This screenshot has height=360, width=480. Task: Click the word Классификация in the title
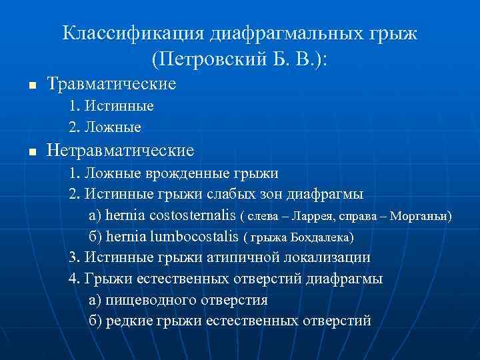point(133,34)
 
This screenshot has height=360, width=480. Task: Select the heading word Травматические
point(111,84)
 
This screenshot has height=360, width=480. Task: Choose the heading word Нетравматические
point(121,151)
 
